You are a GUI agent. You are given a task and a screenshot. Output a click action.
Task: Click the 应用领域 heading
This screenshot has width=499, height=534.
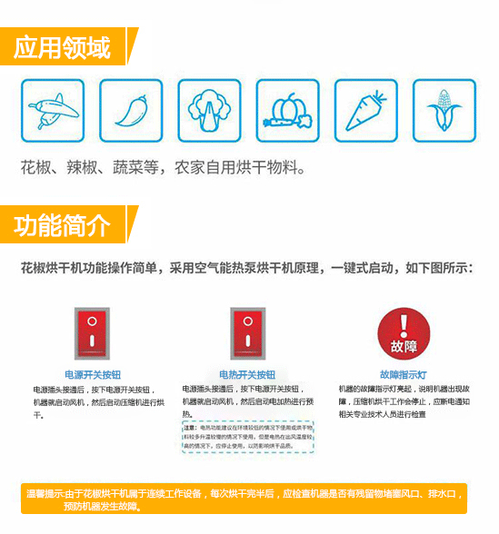point(62,46)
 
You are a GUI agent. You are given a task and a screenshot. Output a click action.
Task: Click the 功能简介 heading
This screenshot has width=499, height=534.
point(62,223)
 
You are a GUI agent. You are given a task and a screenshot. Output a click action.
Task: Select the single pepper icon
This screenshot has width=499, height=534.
point(130,110)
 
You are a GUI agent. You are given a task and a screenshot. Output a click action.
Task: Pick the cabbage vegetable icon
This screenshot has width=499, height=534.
point(209,110)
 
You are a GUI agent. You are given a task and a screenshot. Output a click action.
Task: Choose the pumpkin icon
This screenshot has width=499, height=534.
point(287,110)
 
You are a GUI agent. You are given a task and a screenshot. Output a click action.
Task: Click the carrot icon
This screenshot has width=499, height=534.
point(365,110)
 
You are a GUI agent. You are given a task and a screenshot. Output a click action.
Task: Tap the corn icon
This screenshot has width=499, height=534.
point(444,110)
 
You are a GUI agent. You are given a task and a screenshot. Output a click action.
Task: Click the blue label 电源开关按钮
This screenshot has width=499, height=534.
point(92,374)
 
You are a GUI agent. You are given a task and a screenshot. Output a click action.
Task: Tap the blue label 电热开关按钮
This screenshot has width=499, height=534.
point(247,374)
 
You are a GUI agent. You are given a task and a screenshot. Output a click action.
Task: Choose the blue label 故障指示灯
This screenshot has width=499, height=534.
point(403,374)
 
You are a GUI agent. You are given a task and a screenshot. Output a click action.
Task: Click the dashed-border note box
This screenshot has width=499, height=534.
point(247,436)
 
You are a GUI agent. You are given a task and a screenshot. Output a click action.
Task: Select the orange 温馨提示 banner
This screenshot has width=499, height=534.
point(245,499)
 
